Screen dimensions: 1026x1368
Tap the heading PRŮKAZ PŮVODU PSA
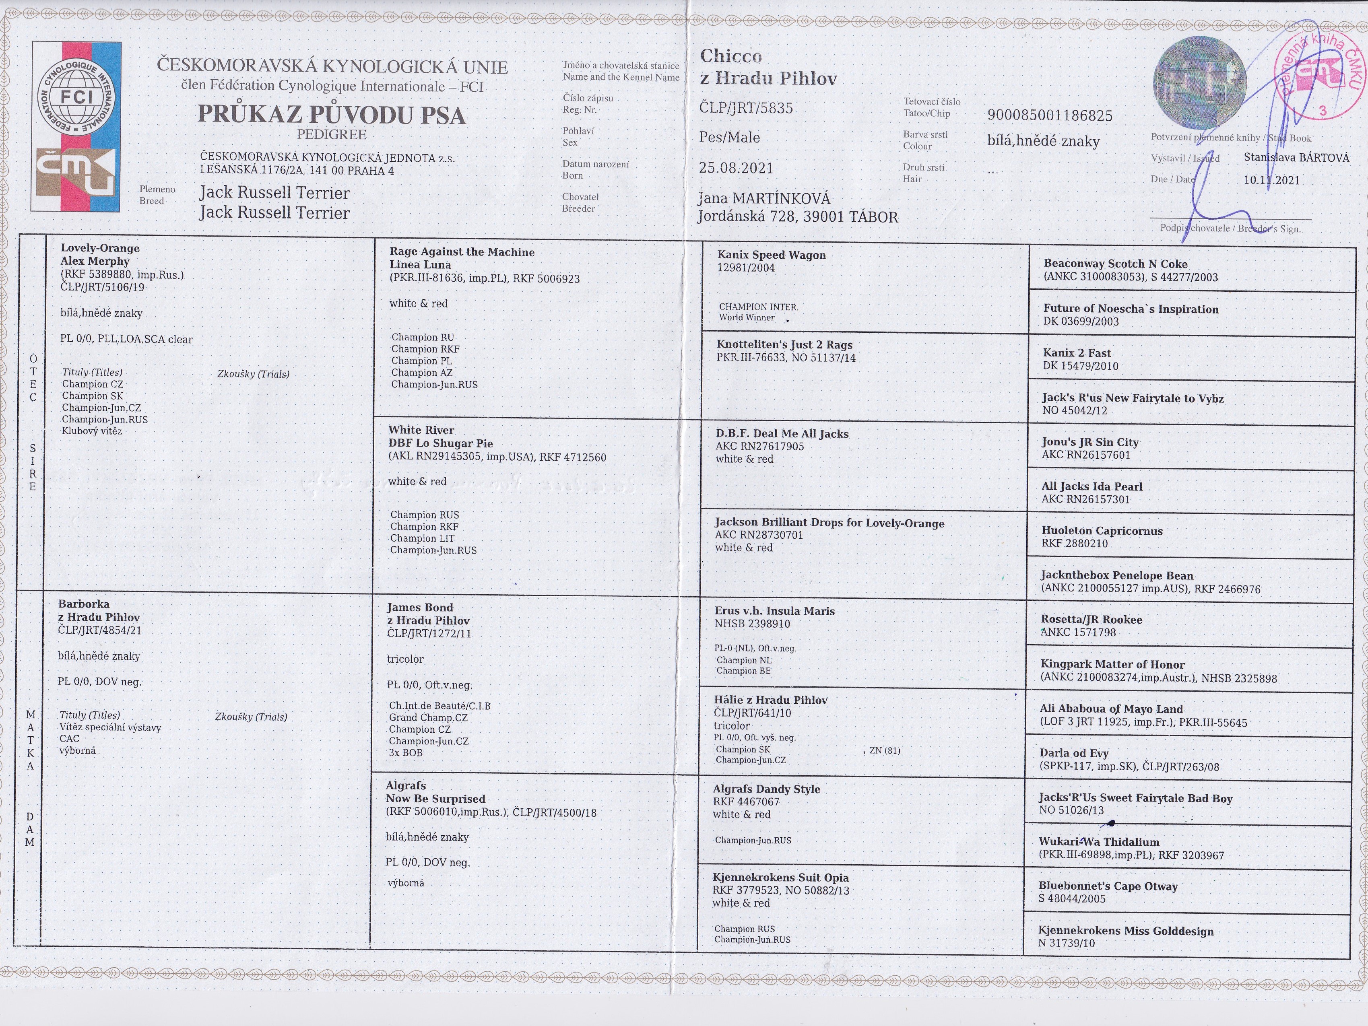click(332, 115)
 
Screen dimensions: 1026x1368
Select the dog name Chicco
click(731, 56)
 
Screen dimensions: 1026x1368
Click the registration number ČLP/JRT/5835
click(746, 108)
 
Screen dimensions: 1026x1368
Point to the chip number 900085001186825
click(1050, 115)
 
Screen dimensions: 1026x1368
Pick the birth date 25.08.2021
click(736, 168)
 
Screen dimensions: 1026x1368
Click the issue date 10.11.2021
click(1271, 181)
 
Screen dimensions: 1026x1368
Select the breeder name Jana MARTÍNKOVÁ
click(764, 198)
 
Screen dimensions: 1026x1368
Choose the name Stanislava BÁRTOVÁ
click(1296, 158)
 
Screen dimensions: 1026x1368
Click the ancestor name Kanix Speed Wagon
click(771, 255)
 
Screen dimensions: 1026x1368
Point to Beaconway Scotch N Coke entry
click(1116, 264)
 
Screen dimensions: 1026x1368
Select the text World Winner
click(747, 318)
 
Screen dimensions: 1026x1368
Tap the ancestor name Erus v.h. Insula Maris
click(774, 611)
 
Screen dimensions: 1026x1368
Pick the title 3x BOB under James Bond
click(406, 753)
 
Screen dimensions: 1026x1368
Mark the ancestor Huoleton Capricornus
click(1102, 531)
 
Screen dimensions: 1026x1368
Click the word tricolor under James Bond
click(405, 659)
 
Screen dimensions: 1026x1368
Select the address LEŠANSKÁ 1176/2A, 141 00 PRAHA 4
click(297, 170)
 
